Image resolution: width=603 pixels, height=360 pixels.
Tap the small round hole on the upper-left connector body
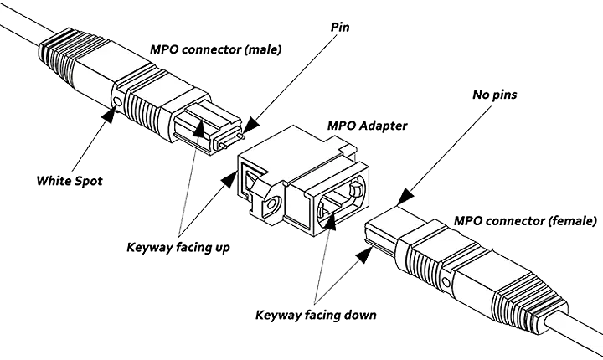116,103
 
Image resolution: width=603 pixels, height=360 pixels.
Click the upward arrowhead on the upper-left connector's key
200,130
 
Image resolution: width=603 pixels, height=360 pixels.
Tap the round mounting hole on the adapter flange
272,203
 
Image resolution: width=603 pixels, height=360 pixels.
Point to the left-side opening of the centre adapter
250,177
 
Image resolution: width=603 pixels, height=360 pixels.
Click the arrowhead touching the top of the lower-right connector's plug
402,200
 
